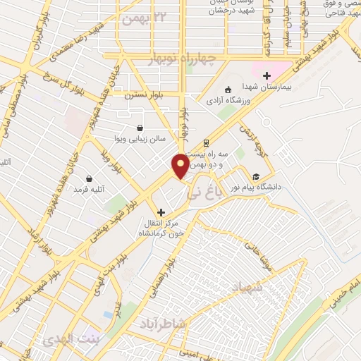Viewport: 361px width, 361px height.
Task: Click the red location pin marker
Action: click(180, 166)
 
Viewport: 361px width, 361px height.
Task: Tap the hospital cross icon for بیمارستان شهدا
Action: click(266, 76)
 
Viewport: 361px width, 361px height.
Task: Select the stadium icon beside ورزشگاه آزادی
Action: click(228, 90)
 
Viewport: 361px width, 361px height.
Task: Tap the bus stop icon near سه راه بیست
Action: click(205, 141)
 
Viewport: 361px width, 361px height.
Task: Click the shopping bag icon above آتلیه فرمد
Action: click(90, 179)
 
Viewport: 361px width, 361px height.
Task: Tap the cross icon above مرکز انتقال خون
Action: click(161, 212)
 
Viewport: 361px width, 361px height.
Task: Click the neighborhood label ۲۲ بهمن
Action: click(145, 16)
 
